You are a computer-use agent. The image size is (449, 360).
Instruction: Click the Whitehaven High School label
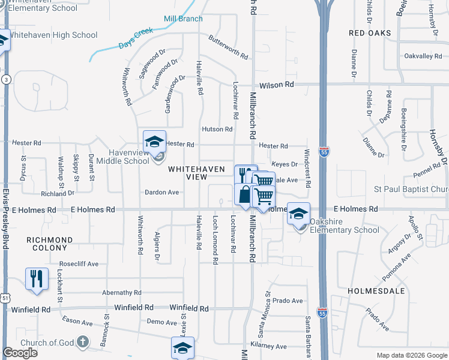[53, 35]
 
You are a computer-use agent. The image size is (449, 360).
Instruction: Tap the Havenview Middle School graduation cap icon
[154, 142]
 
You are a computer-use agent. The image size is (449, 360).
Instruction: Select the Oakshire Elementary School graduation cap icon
[298, 213]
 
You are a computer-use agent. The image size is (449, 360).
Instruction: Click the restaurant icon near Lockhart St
[37, 279]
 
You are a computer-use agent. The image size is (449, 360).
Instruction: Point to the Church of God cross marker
[83, 343]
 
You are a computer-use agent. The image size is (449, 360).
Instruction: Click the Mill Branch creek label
[184, 19]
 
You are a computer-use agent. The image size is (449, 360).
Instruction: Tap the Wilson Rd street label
[277, 85]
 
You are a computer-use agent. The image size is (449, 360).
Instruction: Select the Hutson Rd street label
[217, 129]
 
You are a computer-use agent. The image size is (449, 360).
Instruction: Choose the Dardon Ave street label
[162, 193]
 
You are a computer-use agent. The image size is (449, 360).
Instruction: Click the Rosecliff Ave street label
[79, 264]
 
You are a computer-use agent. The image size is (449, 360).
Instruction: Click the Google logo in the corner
[20, 353]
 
